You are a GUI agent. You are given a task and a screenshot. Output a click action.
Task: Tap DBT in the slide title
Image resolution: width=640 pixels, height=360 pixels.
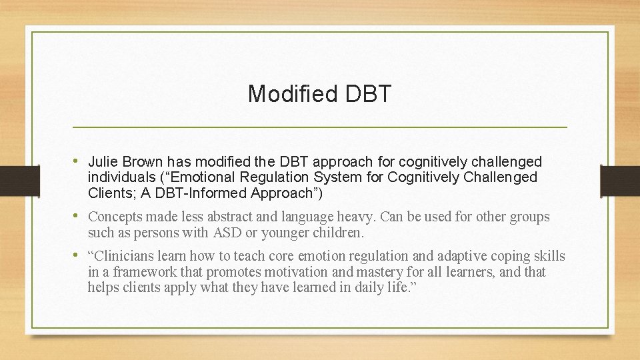369,94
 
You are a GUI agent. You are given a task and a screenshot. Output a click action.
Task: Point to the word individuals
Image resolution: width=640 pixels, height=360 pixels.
121,177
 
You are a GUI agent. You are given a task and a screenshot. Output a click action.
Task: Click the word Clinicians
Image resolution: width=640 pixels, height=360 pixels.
123,256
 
